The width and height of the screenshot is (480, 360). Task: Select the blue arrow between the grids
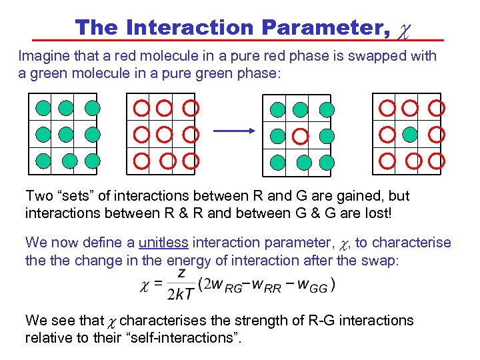click(x=234, y=133)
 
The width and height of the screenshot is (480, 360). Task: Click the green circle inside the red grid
click(x=409, y=134)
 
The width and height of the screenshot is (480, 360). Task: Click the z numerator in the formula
click(x=181, y=274)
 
